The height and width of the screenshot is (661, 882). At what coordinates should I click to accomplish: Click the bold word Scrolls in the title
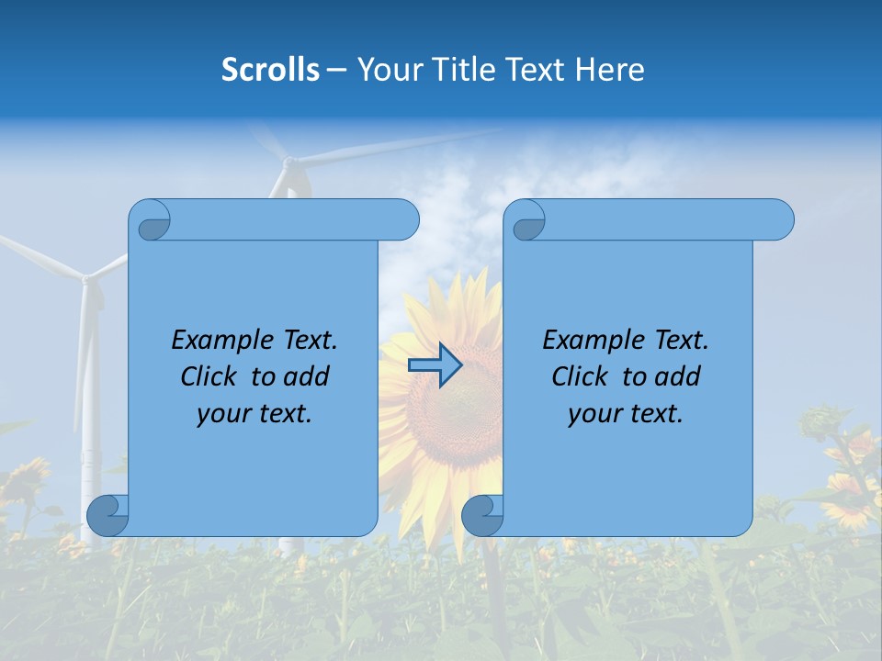[x=270, y=69]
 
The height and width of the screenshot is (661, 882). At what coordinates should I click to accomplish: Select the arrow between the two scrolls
[x=435, y=365]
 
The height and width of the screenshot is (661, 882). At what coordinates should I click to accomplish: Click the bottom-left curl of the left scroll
[x=107, y=515]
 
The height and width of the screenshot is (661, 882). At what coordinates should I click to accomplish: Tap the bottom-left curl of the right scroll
[x=482, y=515]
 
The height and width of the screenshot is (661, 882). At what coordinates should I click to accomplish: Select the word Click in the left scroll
[x=209, y=376]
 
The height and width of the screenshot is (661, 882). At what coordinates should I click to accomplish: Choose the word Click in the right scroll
[x=580, y=376]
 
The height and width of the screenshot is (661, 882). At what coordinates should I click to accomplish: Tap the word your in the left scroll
[x=221, y=414]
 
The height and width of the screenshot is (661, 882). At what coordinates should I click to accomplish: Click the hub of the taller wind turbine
[x=289, y=163]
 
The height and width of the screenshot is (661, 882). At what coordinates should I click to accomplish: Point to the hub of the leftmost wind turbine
[x=86, y=277]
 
